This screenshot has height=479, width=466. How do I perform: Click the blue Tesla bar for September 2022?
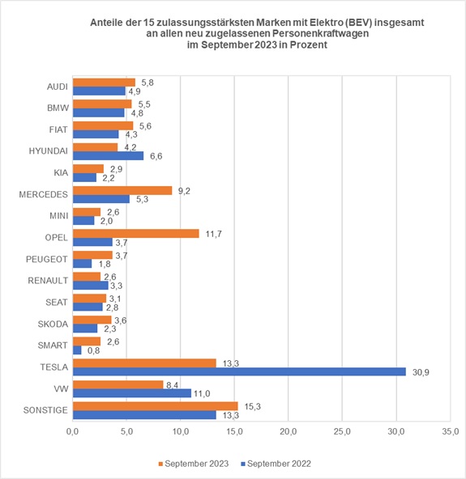[x=239, y=371]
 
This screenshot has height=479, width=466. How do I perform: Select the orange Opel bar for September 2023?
[x=135, y=233]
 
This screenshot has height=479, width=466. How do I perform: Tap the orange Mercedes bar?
[x=122, y=190]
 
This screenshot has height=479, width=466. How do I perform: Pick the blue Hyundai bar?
[x=108, y=155]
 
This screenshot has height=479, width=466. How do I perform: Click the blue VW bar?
[x=132, y=393]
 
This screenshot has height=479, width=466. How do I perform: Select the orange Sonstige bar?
[x=155, y=405]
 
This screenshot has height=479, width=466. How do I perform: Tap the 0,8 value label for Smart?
[x=94, y=350]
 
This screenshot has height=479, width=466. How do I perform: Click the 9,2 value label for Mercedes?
[x=186, y=190]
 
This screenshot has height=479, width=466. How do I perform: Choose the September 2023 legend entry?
[x=190, y=464]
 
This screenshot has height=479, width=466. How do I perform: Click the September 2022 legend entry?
[x=278, y=464]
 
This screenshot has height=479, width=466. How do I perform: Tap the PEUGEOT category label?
[x=47, y=259]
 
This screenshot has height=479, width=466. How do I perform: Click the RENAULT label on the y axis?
[x=48, y=281]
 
